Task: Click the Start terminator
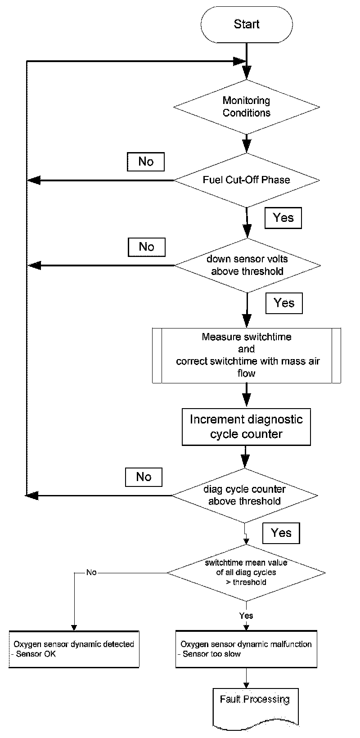pos(246,24)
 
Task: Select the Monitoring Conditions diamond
pos(246,107)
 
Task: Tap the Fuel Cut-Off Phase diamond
pos(246,180)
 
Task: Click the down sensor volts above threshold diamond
pos(247,265)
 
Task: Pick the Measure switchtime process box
pos(246,355)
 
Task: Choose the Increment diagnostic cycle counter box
pos(246,427)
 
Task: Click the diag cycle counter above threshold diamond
pos(244,495)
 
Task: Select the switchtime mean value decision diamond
pos(246,572)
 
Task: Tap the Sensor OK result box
pos(74,649)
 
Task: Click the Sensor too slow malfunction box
pos(246,649)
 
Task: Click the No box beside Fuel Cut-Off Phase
pos(146,162)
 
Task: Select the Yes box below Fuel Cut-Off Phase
pos(283,218)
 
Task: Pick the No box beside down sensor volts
pos(146,247)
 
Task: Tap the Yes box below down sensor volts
pos(284,303)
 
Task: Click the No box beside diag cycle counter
pos(144,477)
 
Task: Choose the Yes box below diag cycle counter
pos(281,533)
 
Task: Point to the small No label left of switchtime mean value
pos(91,572)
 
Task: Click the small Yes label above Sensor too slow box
pos(246,616)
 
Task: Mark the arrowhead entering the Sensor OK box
pos(74,628)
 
